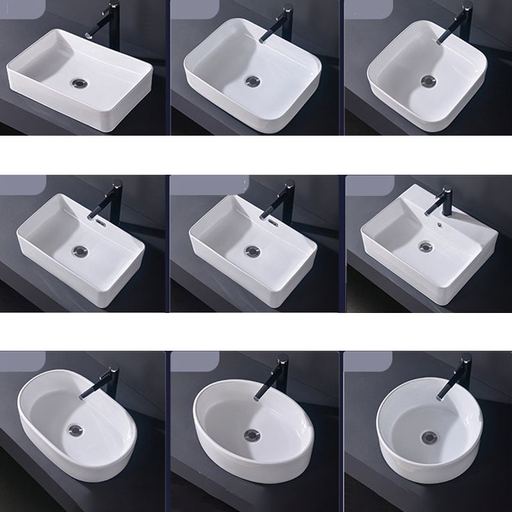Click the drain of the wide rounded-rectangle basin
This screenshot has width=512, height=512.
pos(253,83)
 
